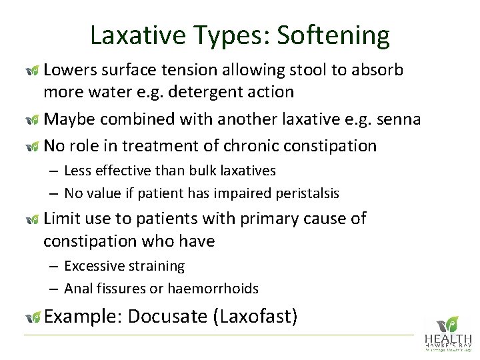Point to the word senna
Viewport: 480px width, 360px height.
tap(397, 119)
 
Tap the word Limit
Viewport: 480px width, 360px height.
tap(61, 219)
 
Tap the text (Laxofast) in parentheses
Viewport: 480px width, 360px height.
tap(255, 316)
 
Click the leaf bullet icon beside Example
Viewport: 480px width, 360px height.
tap(32, 317)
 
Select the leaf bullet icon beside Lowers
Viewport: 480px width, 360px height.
tap(32, 71)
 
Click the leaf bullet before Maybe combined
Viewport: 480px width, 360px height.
tap(32, 120)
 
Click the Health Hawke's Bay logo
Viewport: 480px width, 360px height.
tap(447, 333)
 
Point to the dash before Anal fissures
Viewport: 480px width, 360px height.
tap(54, 289)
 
